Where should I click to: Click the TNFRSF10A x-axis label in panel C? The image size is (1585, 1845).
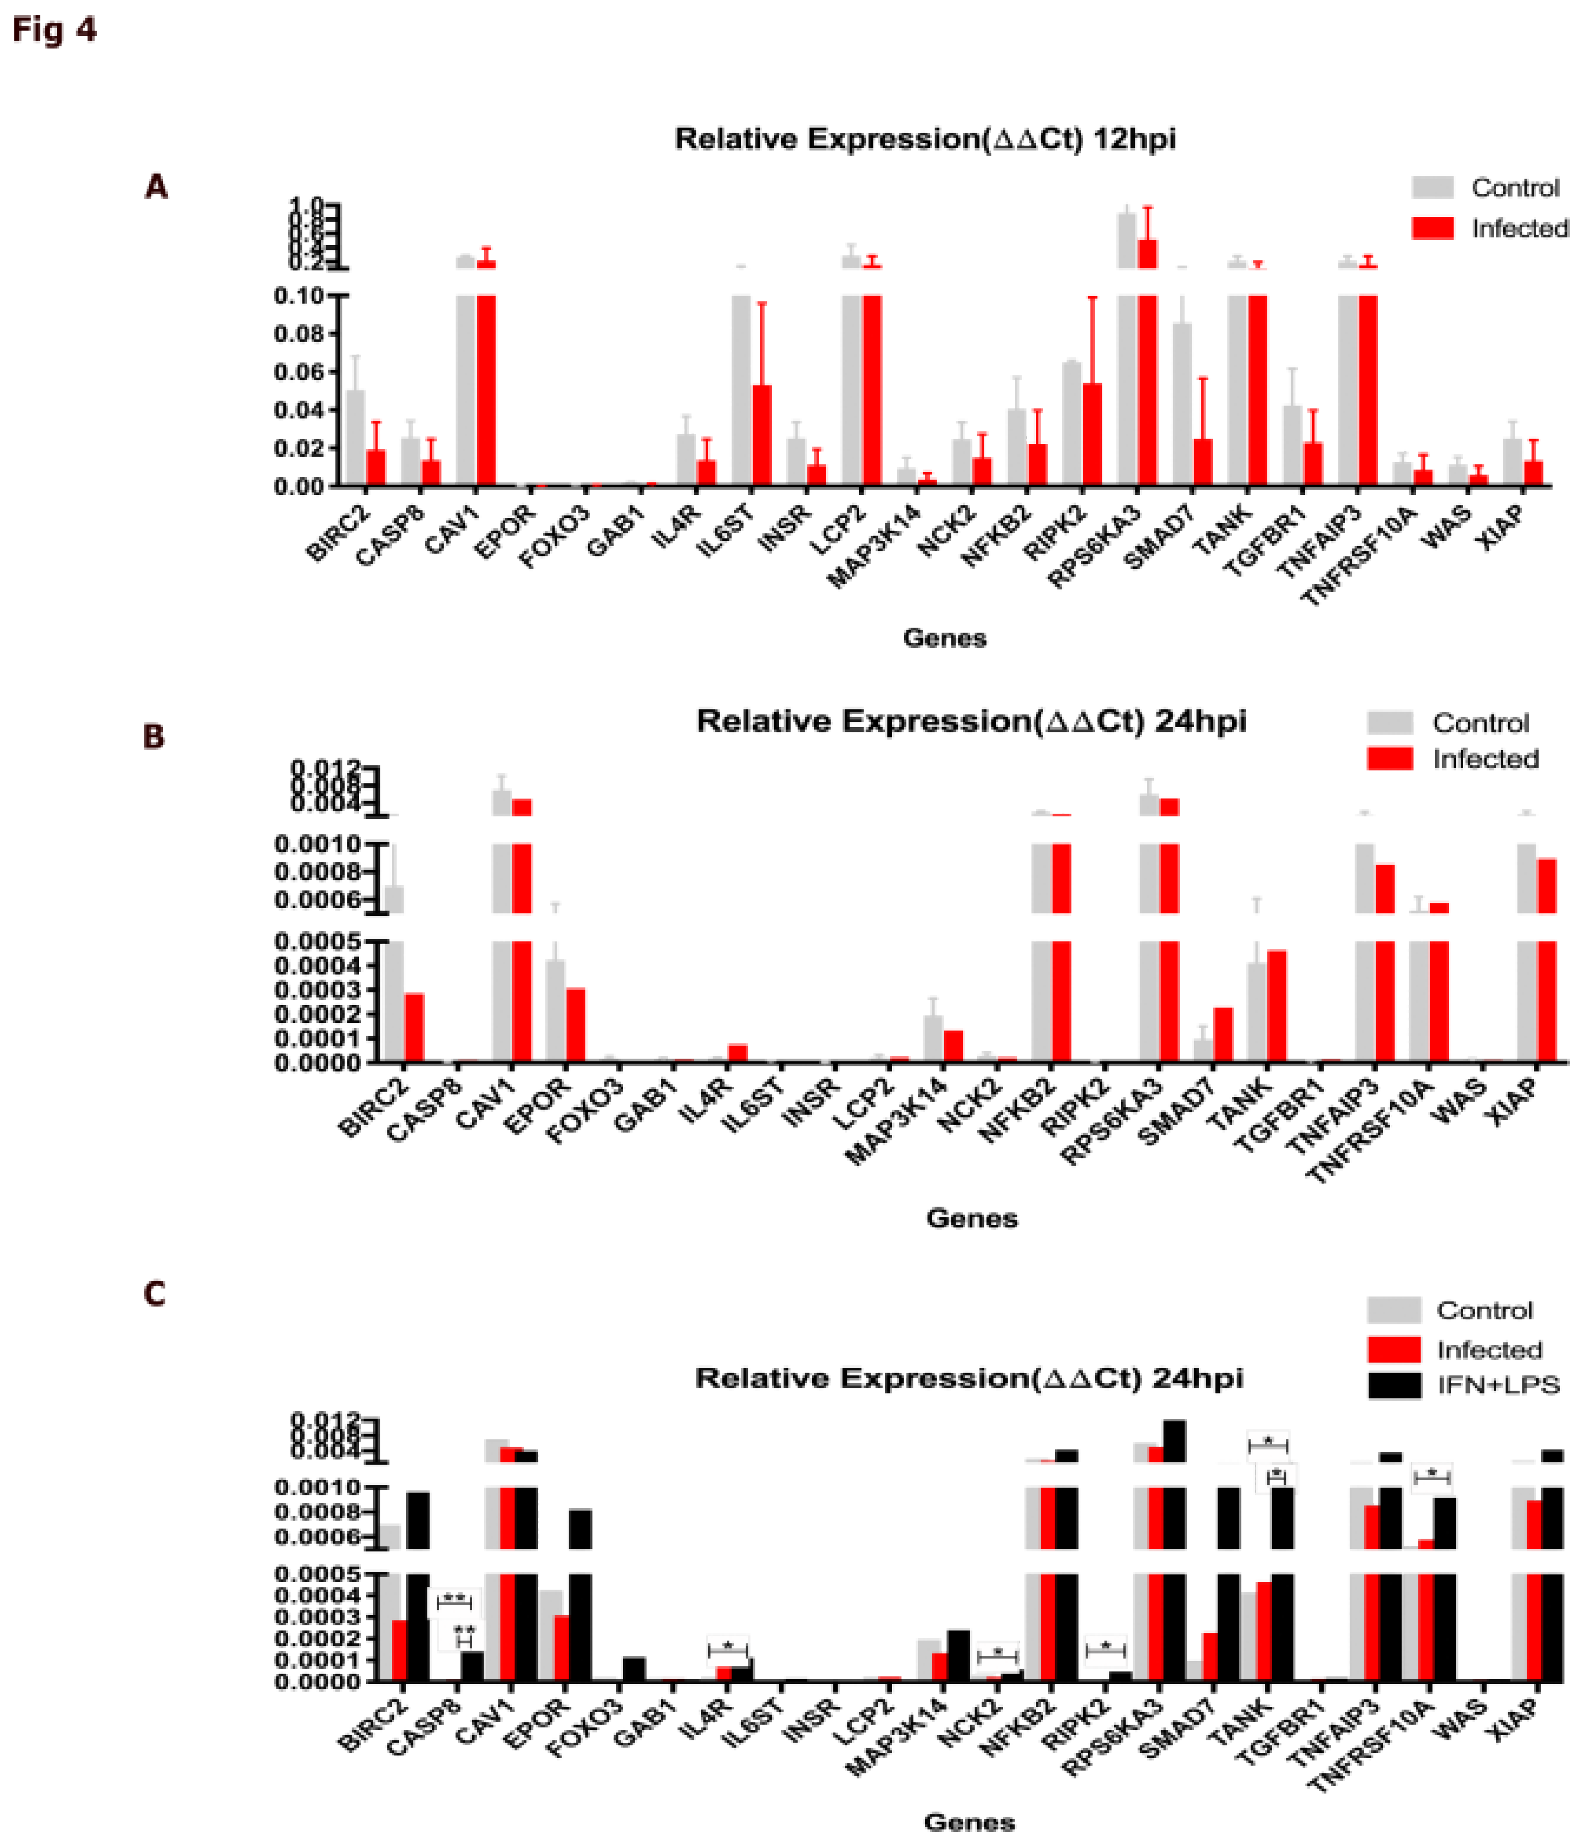1371,1750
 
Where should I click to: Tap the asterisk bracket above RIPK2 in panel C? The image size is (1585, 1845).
1105,1649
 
